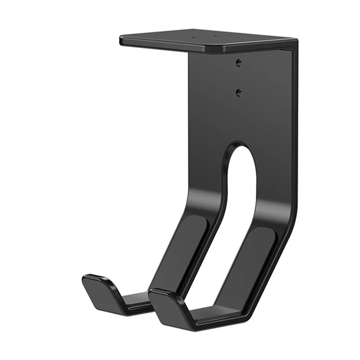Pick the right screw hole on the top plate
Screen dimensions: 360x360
215,36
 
